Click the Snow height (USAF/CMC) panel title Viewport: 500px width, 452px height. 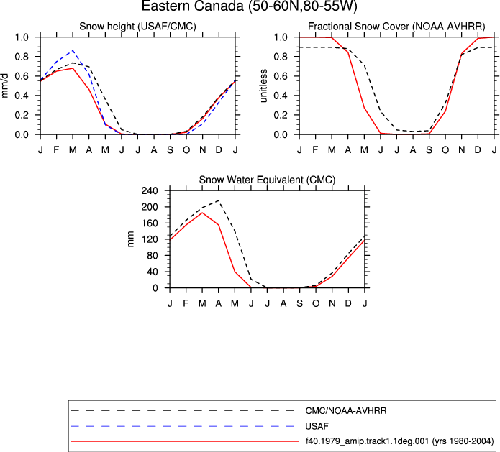click(137, 26)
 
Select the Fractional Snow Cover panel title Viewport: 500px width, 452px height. click(396, 26)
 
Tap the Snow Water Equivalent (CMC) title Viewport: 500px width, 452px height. click(267, 180)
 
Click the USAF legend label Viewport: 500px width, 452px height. click(317, 426)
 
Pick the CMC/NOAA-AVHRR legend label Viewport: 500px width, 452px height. click(346, 411)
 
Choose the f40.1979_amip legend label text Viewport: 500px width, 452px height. click(399, 441)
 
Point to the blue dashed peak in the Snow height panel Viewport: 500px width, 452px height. click(73, 50)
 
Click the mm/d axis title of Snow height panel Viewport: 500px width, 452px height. click(5, 86)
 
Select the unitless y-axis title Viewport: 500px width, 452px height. click(263, 86)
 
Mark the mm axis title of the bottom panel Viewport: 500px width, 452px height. click(130, 239)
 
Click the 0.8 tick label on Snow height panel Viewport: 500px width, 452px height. click(22, 57)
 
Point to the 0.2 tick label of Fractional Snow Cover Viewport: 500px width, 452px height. click(281, 115)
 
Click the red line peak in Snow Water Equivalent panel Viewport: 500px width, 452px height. click(202, 213)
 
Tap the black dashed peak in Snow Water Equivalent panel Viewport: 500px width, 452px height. click(219, 200)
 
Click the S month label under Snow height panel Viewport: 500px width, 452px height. click(171, 149)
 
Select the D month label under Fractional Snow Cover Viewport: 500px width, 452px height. click(478, 149)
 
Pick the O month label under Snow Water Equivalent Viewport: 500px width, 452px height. click(316, 303)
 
